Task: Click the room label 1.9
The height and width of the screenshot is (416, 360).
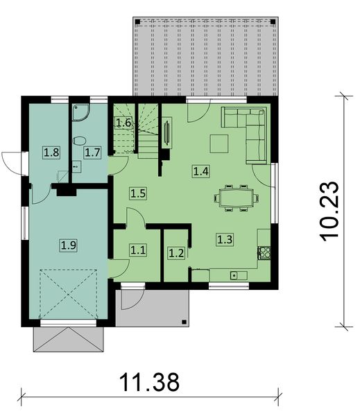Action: point(68,244)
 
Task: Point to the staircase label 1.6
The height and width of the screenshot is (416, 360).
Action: point(123,123)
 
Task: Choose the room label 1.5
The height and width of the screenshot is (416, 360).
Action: point(137,193)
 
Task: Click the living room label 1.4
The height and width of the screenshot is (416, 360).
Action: point(201,171)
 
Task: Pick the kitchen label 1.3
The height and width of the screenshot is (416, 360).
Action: point(225,240)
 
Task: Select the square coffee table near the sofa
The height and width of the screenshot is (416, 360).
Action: point(221,143)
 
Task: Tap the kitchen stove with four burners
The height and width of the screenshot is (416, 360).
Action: point(264,254)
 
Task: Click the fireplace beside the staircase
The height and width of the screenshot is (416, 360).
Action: point(166,133)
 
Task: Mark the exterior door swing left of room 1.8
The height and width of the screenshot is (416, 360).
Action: point(12,160)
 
